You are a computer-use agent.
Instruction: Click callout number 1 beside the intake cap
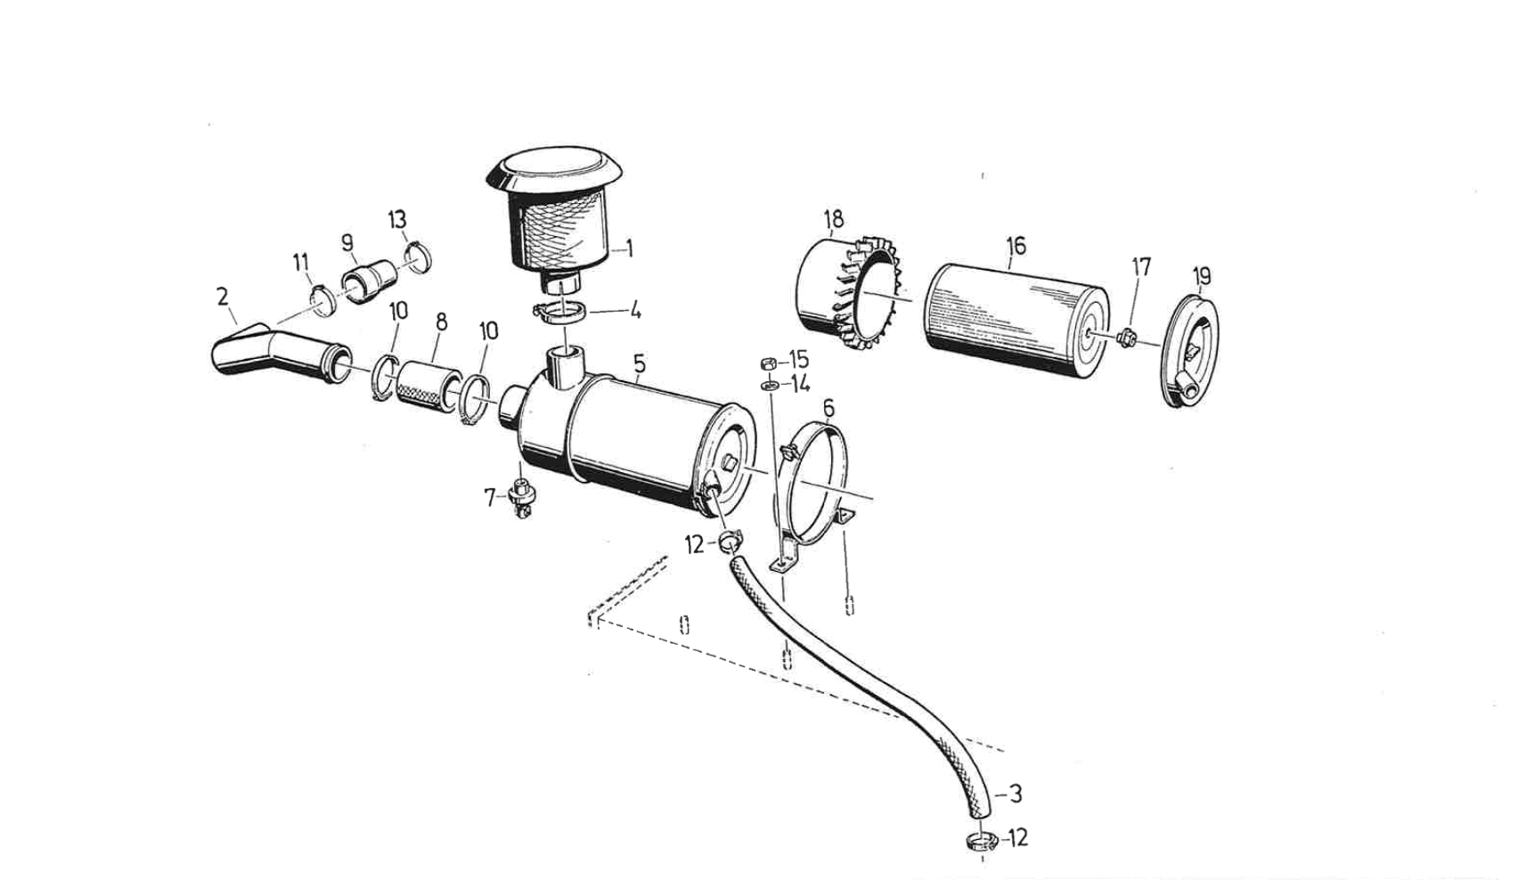click(629, 249)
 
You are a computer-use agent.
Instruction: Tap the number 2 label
click(222, 297)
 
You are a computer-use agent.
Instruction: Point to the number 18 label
click(833, 219)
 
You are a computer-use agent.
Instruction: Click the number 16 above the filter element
click(1016, 245)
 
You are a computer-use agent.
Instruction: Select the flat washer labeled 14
click(767, 385)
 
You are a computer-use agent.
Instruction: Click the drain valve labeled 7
click(519, 496)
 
